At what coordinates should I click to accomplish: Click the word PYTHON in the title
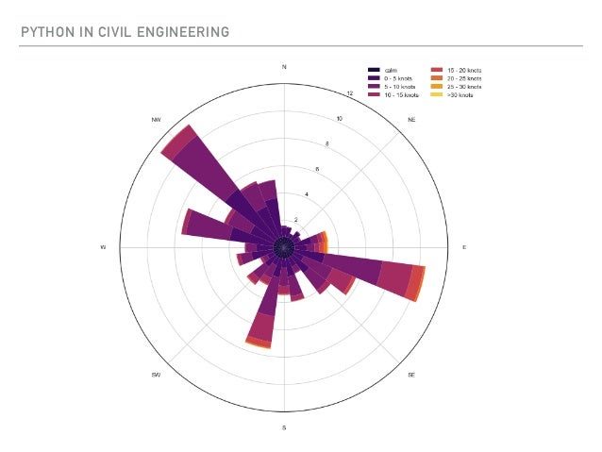coord(43,33)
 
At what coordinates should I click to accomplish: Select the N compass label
coord(284,67)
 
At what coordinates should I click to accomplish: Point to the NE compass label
coord(411,120)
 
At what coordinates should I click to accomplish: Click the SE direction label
coord(411,375)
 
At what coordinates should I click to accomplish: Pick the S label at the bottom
coord(284,427)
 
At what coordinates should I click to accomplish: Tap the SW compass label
coord(156,375)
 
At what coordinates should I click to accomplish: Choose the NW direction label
coord(156,120)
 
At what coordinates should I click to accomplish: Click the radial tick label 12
coord(350,93)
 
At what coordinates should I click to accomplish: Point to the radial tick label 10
coord(340,119)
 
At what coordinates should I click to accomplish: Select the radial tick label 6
coord(317,169)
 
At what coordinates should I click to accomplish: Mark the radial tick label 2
coord(295,219)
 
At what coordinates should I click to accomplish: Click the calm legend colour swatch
coord(375,70)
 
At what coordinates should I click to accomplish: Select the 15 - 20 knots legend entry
coord(465,70)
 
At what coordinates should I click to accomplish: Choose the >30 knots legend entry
coord(460,95)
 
